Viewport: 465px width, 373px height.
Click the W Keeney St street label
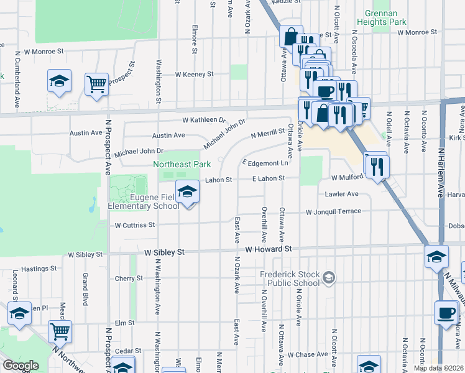point(194,74)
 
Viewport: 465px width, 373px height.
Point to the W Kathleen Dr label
point(203,119)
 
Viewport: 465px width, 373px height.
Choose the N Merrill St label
point(267,134)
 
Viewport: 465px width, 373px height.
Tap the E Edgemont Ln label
point(265,163)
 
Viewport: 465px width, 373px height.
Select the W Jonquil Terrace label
point(333,211)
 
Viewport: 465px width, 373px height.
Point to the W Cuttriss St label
point(134,225)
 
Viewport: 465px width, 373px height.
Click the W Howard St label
point(268,249)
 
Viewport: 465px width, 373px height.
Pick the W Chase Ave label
point(308,354)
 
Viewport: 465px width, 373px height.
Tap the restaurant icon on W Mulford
point(377,166)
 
